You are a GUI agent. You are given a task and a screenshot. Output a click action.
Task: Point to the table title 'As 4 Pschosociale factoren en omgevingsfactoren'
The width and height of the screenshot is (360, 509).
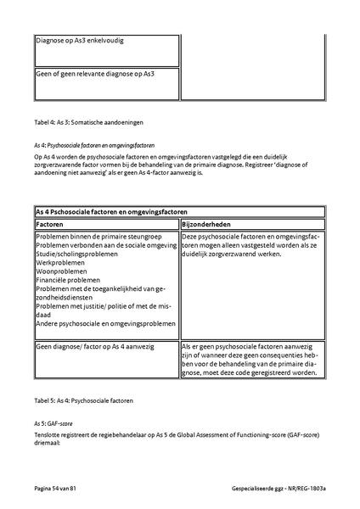(x=111, y=210)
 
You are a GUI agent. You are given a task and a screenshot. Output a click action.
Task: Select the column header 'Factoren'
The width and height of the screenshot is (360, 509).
(x=52, y=222)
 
